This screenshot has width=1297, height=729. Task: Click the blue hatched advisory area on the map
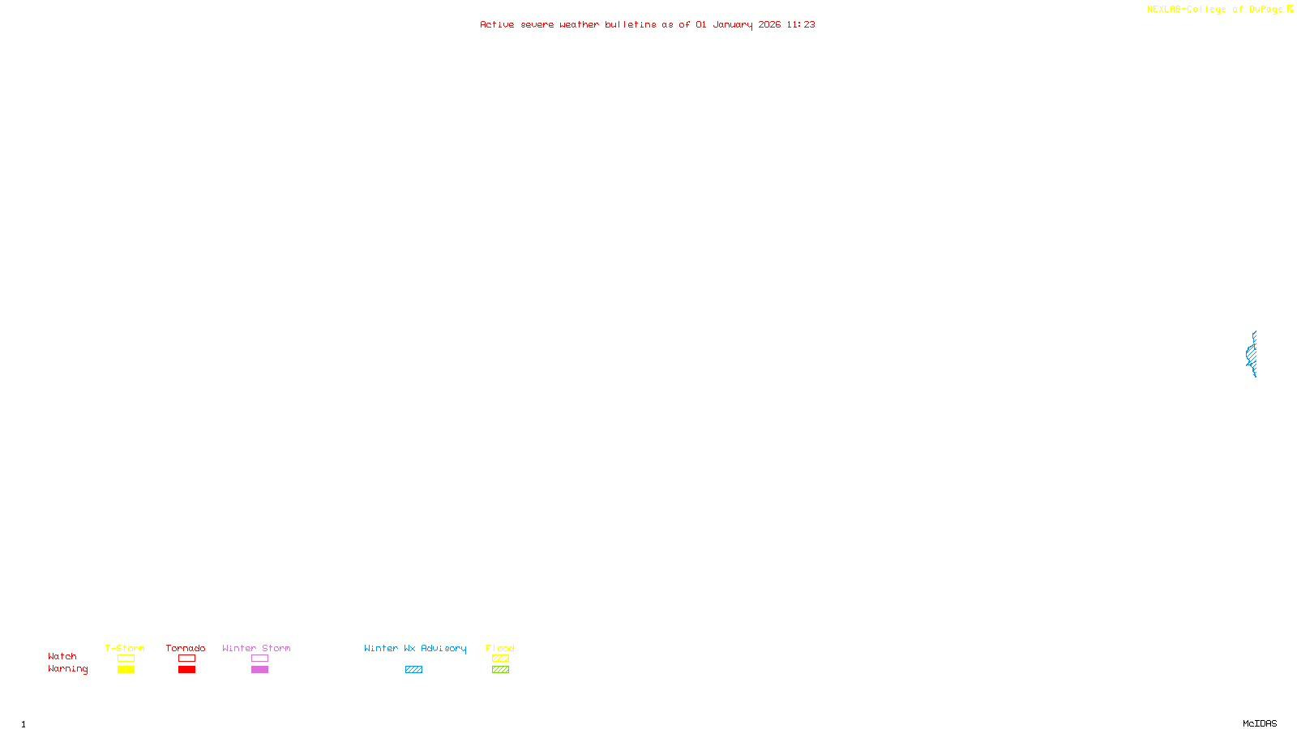(x=1252, y=354)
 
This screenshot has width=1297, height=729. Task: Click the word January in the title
(x=732, y=24)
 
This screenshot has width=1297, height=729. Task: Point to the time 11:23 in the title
(x=800, y=24)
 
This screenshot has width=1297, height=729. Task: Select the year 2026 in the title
(x=769, y=24)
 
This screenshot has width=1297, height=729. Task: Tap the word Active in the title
(x=496, y=24)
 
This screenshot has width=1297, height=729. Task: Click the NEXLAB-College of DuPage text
(x=1214, y=9)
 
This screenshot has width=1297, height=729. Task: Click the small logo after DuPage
(x=1290, y=9)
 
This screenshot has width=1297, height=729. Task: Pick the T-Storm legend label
(x=125, y=648)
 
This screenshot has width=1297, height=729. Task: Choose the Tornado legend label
(x=186, y=648)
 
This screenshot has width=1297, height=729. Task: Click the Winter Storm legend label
(x=256, y=648)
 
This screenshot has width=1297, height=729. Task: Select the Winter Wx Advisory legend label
(x=415, y=648)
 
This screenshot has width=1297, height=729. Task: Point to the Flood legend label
(x=500, y=648)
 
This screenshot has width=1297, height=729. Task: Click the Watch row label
(x=62, y=656)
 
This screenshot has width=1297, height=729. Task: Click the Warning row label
(x=67, y=669)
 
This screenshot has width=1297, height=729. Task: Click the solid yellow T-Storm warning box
(x=126, y=670)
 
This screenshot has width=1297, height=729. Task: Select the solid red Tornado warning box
(x=186, y=670)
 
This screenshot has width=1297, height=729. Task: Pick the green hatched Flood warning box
(x=500, y=670)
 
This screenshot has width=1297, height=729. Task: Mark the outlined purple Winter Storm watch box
(x=259, y=659)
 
